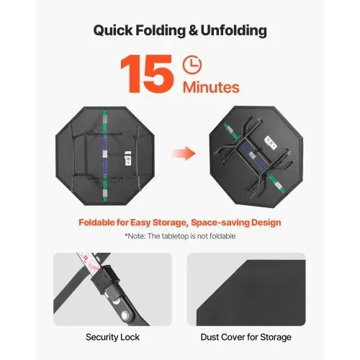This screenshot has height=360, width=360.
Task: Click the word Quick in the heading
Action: (x=113, y=31)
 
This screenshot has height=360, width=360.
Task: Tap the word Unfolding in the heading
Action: (x=233, y=31)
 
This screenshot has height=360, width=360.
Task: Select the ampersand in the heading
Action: (x=193, y=30)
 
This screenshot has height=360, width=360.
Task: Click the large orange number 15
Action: (x=147, y=73)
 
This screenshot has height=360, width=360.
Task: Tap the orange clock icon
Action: (x=192, y=65)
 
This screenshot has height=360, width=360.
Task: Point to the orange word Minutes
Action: (x=211, y=87)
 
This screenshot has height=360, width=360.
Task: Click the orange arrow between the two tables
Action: (x=184, y=153)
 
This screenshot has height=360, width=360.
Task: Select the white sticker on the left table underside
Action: (x=128, y=158)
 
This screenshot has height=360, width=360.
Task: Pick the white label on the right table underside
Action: (x=271, y=142)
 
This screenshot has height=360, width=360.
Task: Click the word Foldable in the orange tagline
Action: (x=96, y=222)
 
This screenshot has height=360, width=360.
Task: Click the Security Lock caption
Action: (x=112, y=337)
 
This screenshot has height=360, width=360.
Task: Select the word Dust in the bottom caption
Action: (x=210, y=337)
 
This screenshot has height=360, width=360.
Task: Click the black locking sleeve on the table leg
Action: (x=105, y=275)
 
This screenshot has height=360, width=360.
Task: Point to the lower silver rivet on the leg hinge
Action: (x=125, y=315)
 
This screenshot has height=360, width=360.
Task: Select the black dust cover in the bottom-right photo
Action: (x=251, y=293)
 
